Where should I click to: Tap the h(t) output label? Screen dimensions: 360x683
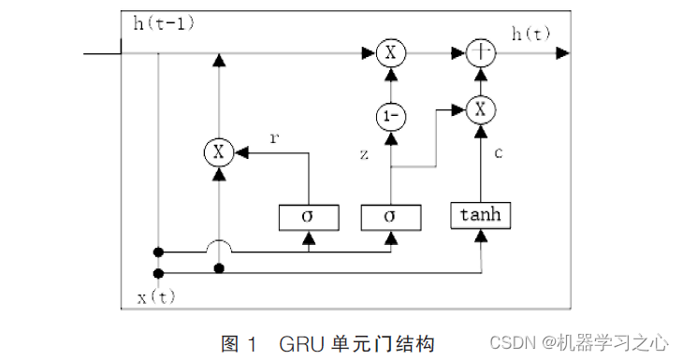point(531,35)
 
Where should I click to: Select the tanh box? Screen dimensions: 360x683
point(481,215)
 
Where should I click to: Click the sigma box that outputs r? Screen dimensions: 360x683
point(306,216)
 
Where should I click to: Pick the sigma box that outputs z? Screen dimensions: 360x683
point(389,216)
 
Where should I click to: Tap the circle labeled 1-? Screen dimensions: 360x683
point(389,117)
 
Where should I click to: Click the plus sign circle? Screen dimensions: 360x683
point(481,54)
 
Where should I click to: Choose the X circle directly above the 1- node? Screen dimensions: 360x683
point(389,54)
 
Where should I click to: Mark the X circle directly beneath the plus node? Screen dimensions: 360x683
point(481,109)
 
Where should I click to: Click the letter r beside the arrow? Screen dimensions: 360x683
point(273,137)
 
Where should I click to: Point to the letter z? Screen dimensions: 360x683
point(365,152)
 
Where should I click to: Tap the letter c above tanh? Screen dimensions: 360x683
point(499,152)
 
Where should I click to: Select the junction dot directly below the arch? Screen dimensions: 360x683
point(219,269)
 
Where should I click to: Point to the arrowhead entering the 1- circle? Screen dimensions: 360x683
point(389,135)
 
